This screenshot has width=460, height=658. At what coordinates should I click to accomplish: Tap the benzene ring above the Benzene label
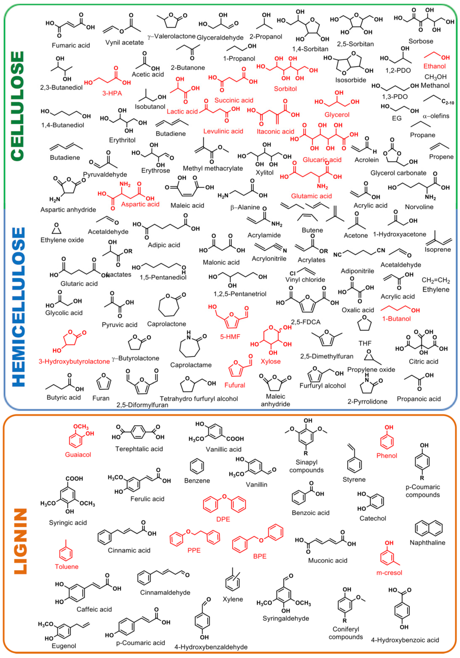click(197, 466)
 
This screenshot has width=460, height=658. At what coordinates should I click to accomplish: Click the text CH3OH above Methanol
click(435, 77)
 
